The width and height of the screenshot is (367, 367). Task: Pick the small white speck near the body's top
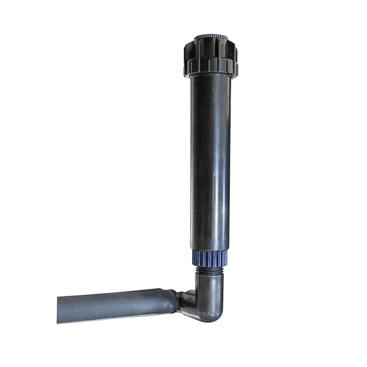(211, 90)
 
